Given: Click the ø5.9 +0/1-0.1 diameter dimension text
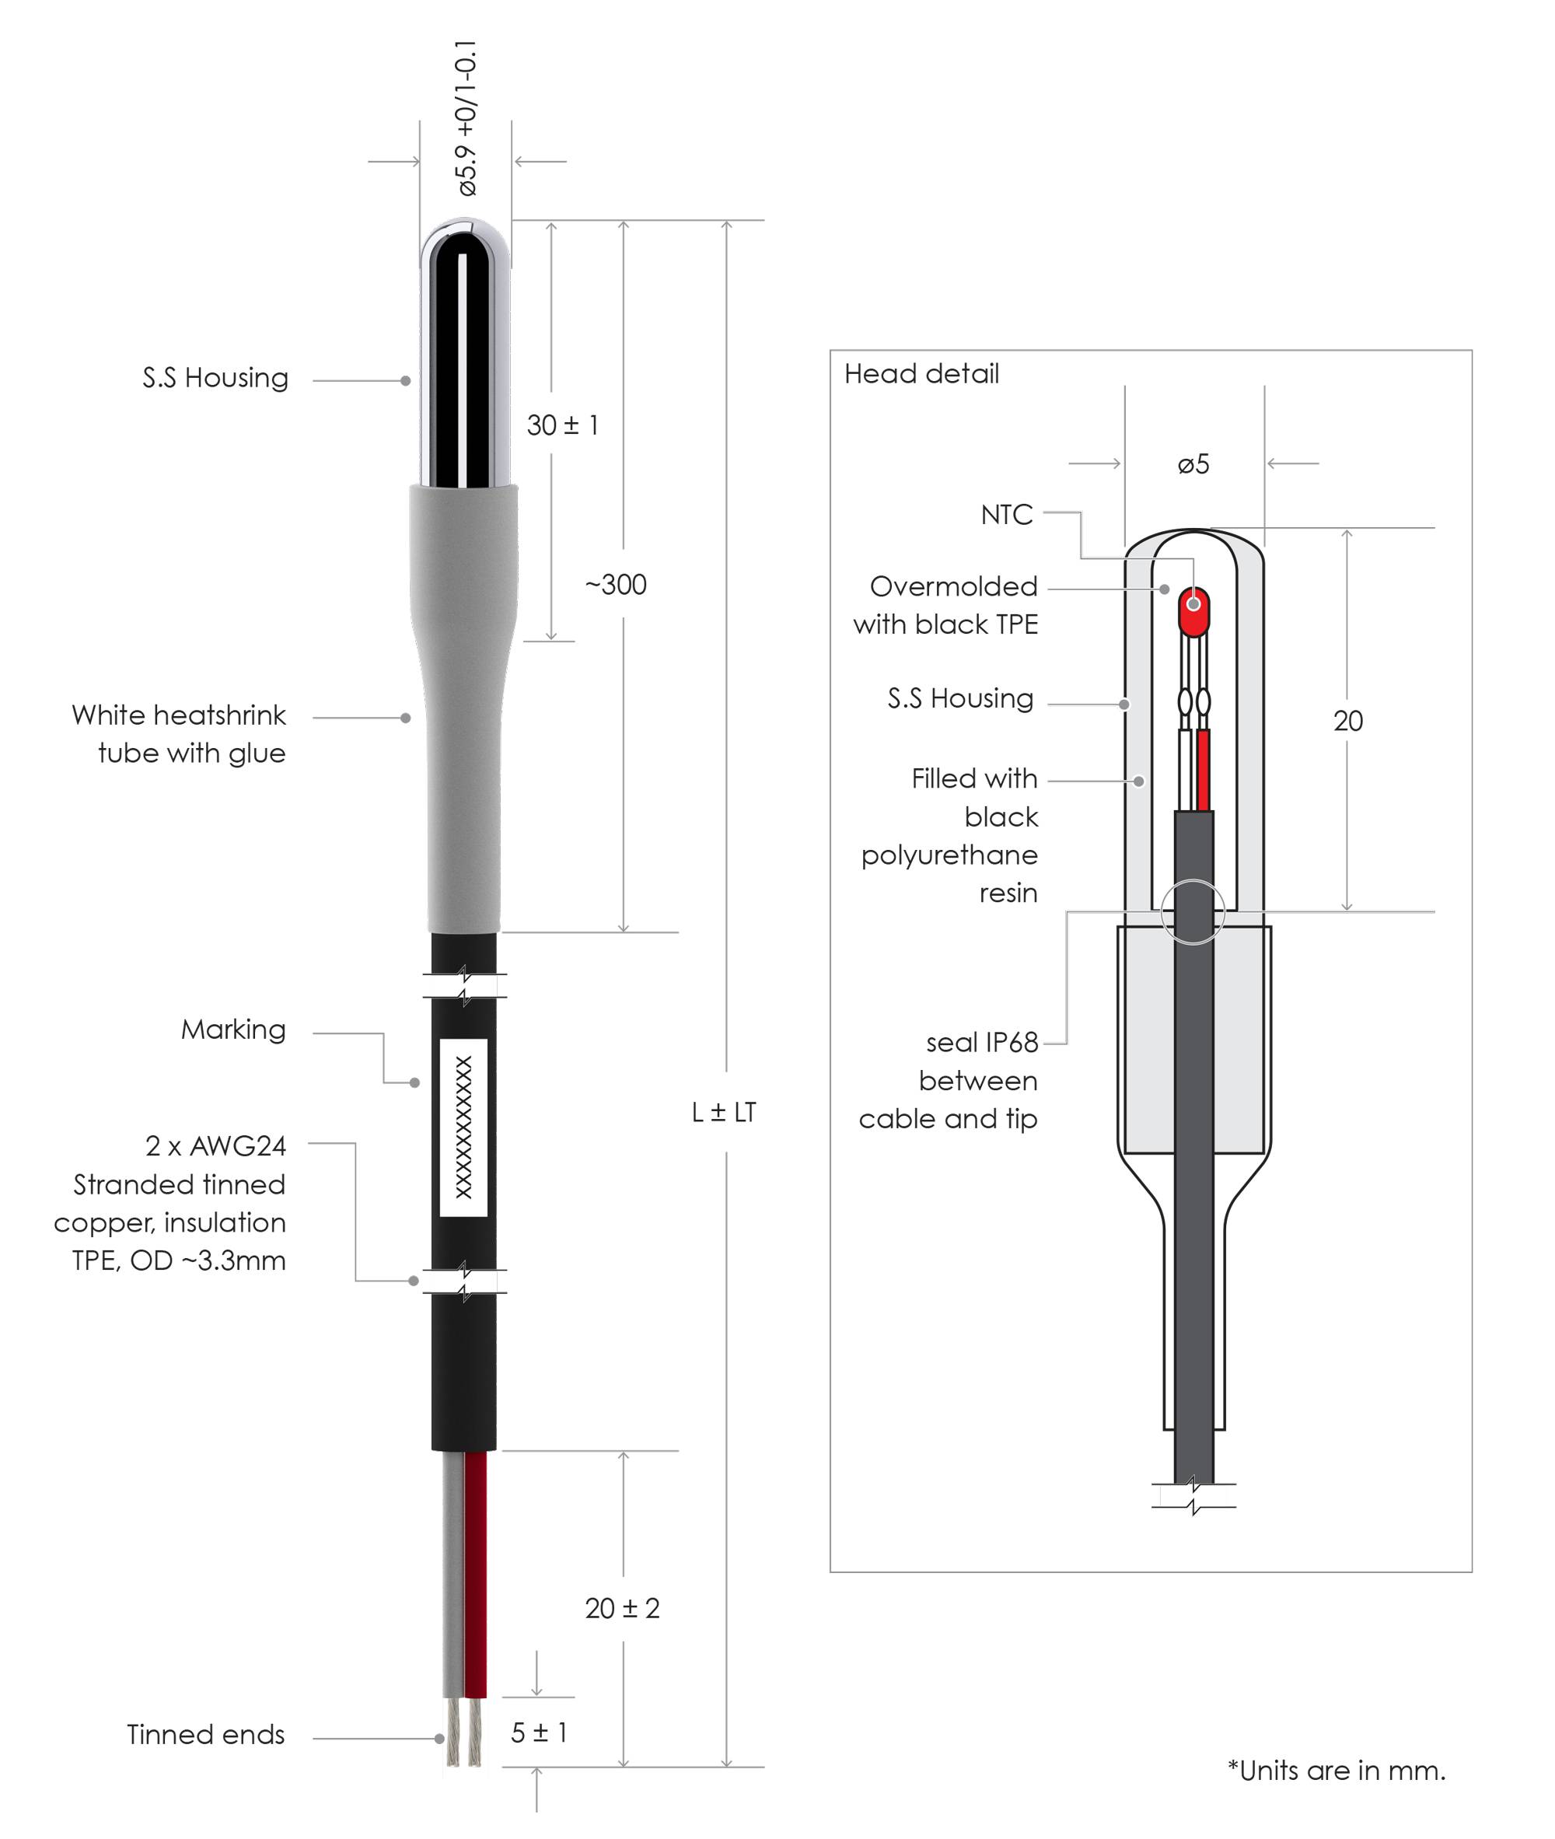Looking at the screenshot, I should [467, 118].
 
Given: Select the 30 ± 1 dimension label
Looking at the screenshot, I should [562, 426].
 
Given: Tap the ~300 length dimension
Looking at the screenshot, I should [615, 585].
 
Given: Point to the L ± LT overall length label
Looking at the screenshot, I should [724, 1113].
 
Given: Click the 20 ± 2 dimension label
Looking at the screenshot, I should [622, 1608].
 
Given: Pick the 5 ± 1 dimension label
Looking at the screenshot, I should [539, 1732].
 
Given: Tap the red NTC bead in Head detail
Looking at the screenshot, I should [1193, 611].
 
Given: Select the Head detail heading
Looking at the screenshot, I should [921, 374].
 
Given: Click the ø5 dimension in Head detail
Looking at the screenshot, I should [1193, 464].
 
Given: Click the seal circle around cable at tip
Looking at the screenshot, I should [1193, 911].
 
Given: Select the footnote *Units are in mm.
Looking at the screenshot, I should [1337, 1771].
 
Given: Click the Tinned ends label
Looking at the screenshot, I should [205, 1734].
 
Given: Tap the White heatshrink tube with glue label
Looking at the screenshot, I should [179, 733].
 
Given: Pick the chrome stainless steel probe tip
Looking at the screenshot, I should [466, 352].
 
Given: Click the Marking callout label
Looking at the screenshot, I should [233, 1030].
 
